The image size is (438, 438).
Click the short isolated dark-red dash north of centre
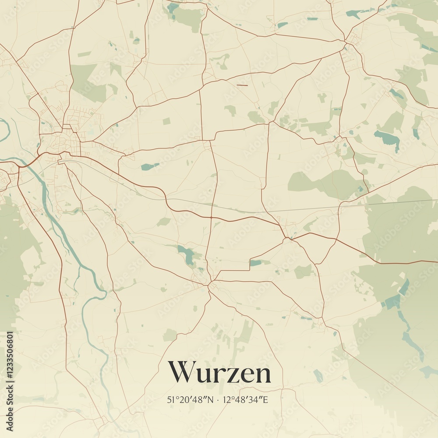point(242,85)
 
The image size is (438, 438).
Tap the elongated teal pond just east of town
point(150,166)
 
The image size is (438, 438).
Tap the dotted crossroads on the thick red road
point(211,217)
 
